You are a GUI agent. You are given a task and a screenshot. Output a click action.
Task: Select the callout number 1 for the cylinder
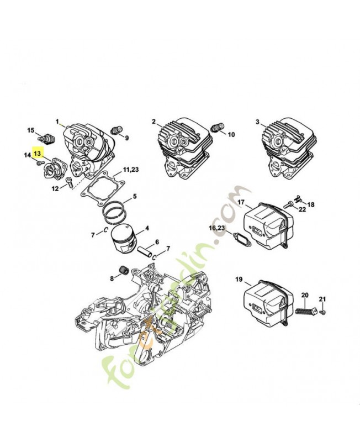point(57,121)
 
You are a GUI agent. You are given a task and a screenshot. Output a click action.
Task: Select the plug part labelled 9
point(116,130)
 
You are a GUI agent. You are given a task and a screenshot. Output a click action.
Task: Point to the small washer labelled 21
point(323,313)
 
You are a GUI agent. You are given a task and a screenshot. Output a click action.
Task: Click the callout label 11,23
point(131,169)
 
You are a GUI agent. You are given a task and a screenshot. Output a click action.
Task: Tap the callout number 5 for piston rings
point(134,196)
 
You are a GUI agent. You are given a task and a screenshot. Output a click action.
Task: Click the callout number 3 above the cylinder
point(257,121)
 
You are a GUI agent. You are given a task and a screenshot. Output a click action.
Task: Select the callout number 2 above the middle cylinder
point(154,121)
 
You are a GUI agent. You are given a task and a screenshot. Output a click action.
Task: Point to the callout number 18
point(311,204)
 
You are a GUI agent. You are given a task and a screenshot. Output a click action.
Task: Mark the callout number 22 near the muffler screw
point(302,209)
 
